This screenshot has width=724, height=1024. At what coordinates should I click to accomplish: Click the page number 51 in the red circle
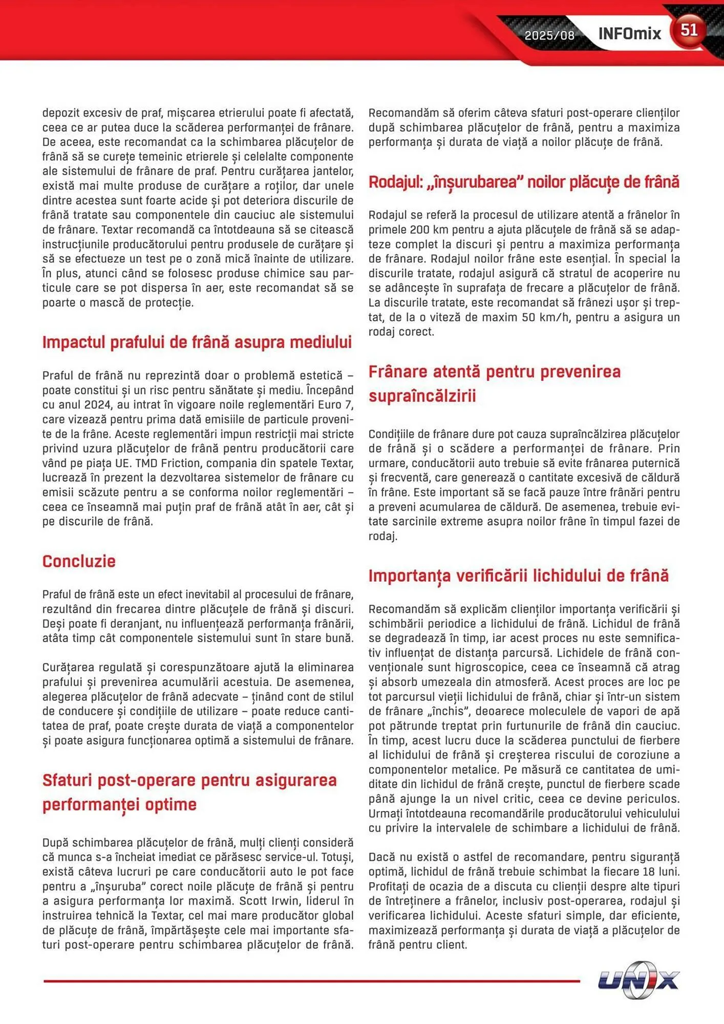tap(689, 30)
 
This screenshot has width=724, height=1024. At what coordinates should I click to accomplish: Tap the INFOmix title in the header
tap(629, 34)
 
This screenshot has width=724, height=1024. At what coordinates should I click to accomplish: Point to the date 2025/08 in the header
tap(549, 35)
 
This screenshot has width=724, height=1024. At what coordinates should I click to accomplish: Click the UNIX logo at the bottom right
tap(639, 980)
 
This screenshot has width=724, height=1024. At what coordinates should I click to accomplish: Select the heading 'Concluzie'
tap(79, 561)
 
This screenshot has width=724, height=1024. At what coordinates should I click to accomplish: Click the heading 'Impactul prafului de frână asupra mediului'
tap(197, 342)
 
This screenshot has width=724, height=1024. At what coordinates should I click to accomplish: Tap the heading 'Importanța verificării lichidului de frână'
tap(518, 575)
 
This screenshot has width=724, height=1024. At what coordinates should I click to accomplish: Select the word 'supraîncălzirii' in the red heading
tap(422, 396)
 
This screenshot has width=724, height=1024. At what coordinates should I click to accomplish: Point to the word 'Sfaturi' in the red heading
tap(67, 780)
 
